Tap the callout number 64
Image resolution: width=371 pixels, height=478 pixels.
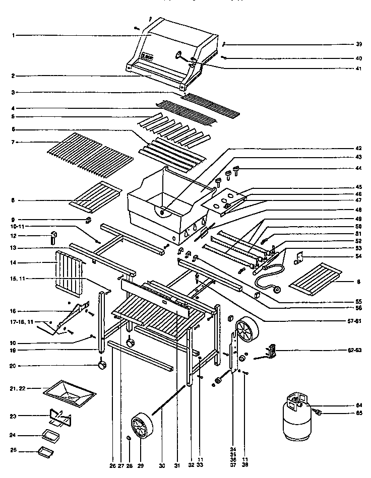(358, 405)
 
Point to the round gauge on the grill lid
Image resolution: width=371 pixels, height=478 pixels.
(179, 55)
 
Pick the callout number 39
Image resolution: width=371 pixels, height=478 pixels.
(358, 44)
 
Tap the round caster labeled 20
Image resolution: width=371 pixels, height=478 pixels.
(103, 365)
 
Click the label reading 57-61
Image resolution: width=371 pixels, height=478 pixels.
(355, 320)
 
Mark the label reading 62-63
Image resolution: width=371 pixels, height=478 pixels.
(355, 349)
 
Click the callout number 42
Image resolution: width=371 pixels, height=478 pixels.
(358, 148)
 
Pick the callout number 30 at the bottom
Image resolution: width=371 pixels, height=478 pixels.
(161, 466)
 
